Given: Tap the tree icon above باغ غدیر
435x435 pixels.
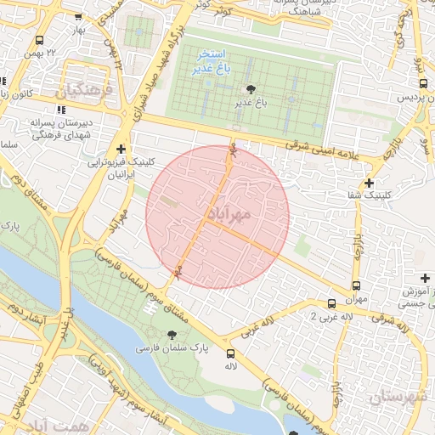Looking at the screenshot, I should tap(251, 88).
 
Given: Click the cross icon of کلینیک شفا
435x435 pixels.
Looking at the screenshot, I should tap(368, 183).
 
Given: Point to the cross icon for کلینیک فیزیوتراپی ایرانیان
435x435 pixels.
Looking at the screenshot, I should tap(121, 149).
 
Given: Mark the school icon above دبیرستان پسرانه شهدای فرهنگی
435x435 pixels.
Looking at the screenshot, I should tap(59, 110).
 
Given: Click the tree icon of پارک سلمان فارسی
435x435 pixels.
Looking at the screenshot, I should tap(173, 335).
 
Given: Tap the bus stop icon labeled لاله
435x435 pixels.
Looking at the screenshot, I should tap(230, 353).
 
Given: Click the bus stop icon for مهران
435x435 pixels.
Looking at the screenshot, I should tap(356, 286).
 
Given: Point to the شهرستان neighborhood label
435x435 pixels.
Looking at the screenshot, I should tap(397, 396).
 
